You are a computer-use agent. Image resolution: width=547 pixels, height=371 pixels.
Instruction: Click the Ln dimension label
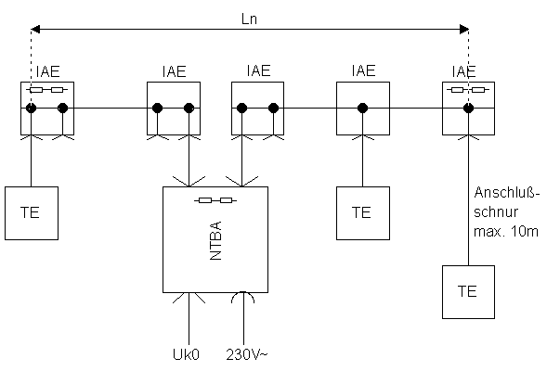tap(249, 19)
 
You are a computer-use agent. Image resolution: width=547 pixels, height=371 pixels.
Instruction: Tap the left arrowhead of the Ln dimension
tap(35, 30)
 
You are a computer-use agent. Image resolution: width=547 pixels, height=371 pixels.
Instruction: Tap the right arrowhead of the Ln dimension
tap(464, 30)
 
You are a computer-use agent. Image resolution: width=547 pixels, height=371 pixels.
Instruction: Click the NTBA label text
tap(216, 240)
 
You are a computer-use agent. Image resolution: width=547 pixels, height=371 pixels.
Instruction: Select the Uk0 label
tap(186, 354)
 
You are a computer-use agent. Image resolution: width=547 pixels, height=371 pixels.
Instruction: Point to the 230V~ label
tap(247, 354)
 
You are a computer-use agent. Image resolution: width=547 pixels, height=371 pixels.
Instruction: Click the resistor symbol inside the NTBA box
tap(215, 200)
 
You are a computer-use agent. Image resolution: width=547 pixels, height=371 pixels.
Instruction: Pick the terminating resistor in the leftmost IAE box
tap(46, 90)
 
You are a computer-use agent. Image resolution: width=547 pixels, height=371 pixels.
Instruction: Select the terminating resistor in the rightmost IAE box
tap(468, 90)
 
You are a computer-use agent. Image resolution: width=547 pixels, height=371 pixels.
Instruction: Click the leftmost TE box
tap(32, 213)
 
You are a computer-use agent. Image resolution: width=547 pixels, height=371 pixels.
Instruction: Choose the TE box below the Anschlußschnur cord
tap(468, 292)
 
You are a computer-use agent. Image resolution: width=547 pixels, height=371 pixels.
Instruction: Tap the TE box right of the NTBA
tap(363, 213)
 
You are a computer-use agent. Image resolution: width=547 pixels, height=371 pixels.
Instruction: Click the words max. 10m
tap(506, 231)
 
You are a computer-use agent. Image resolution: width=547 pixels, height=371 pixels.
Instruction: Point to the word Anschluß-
tap(507, 192)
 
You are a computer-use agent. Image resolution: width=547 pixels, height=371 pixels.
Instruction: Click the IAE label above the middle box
tap(258, 70)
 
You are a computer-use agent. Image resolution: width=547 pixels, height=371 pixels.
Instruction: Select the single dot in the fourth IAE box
tap(363, 108)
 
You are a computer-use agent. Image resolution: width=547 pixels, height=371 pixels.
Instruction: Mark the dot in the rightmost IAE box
tap(468, 108)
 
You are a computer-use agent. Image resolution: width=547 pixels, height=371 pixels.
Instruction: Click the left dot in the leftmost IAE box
tap(31, 108)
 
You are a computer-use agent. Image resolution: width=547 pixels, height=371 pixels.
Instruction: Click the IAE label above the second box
tap(174, 71)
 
